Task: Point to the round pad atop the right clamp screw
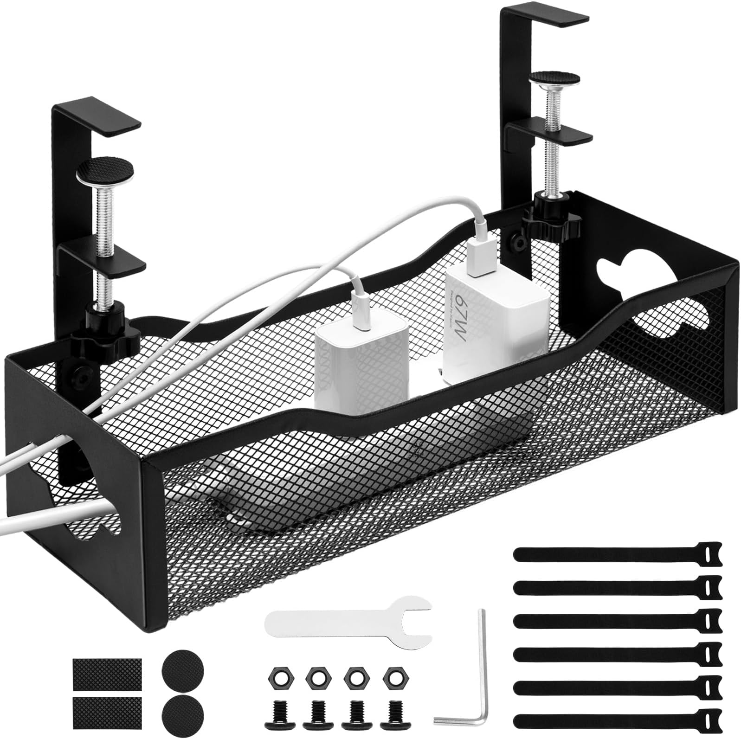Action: (x=555, y=79)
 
